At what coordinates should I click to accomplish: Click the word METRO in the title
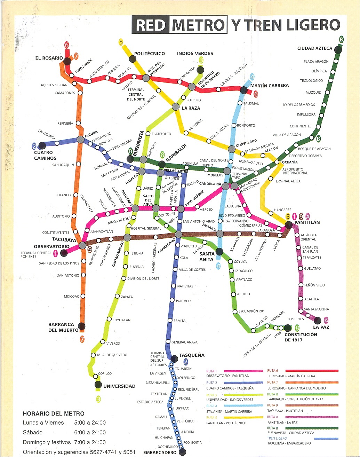click(x=198, y=25)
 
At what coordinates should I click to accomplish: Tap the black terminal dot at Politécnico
click(x=132, y=58)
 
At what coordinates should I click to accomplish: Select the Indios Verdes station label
click(x=195, y=53)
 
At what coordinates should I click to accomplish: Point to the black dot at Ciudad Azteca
click(x=338, y=50)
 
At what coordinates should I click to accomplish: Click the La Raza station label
click(x=191, y=108)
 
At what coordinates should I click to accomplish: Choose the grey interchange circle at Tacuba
click(x=80, y=140)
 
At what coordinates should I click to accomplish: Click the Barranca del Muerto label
click(x=61, y=327)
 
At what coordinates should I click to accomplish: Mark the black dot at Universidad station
click(x=98, y=385)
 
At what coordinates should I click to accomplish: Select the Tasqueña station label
click(x=192, y=355)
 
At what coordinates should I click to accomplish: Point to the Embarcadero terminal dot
click(x=183, y=452)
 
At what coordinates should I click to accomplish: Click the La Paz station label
click(x=321, y=327)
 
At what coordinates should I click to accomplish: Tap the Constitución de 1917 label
click(x=301, y=337)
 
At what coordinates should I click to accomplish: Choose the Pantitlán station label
click(x=307, y=222)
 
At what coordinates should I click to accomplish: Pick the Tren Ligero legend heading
click(x=277, y=438)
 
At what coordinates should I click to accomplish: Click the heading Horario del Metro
click(x=54, y=413)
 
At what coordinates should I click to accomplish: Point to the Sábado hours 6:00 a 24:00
click(x=90, y=432)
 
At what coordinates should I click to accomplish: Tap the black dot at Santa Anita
click(x=219, y=251)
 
